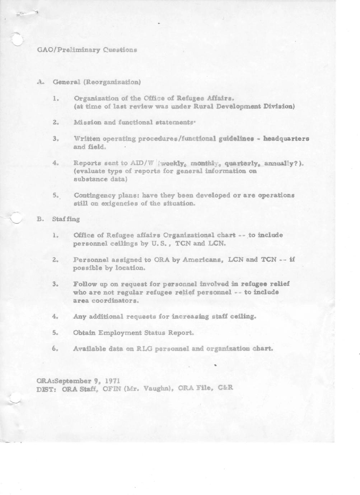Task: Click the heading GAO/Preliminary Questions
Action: (87, 49)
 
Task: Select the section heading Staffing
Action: (66, 219)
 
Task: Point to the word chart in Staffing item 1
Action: (226, 235)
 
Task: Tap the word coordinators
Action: (106, 301)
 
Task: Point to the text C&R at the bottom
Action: (225, 388)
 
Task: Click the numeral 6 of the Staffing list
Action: (55, 349)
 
